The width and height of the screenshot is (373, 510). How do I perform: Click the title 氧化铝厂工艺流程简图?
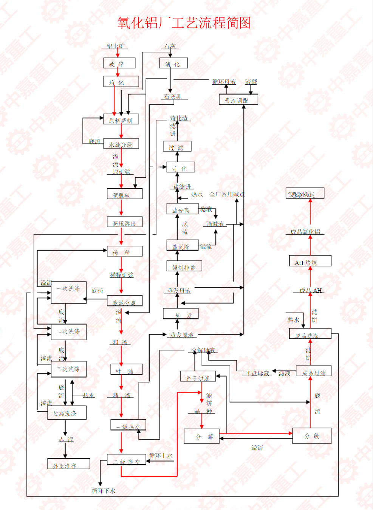coord(184,23)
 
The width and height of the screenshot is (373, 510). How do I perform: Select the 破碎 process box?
coord(119,63)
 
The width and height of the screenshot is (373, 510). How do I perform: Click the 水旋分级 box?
coord(121,144)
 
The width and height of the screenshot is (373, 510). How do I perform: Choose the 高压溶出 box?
coord(124,223)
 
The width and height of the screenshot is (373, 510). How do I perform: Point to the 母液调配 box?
coord(238,100)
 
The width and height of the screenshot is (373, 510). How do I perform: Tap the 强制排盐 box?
coord(184,267)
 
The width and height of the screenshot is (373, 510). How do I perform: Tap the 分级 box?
coord(312,436)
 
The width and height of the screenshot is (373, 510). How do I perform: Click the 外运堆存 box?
coord(68,464)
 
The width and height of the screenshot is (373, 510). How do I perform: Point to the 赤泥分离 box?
coord(124,302)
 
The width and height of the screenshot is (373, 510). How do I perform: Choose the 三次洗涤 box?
coord(68,369)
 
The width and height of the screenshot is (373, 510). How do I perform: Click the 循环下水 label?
coord(104,491)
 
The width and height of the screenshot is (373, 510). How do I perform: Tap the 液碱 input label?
coord(251,82)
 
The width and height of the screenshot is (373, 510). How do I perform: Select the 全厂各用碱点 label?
coord(227,194)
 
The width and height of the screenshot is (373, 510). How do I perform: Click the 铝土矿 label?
coord(115,46)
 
